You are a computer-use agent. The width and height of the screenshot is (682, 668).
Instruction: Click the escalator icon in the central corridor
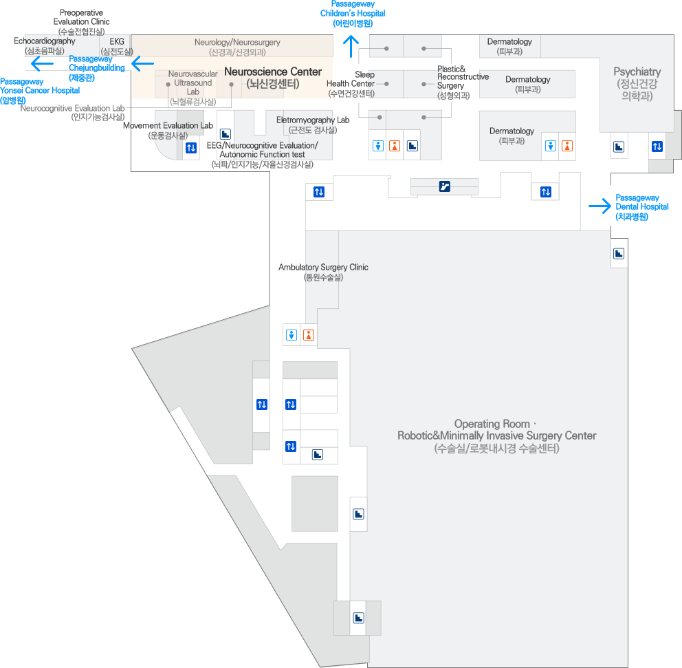445,186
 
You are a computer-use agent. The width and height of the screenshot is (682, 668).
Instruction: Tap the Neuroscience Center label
273,72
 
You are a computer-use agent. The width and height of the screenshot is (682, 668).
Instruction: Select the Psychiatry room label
637,72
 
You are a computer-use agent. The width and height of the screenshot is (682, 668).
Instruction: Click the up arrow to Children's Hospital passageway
351,47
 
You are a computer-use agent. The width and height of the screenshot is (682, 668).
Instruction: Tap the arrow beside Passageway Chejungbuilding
142,64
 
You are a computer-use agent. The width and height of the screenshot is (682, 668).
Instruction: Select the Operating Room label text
496,430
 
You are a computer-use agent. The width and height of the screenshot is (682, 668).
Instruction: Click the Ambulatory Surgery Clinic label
323,268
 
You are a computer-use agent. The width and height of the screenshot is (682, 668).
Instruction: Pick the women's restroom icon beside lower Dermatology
566,146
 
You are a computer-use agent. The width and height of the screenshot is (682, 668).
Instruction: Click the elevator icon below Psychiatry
657,147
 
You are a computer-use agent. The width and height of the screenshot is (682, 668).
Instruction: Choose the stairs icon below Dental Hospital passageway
619,253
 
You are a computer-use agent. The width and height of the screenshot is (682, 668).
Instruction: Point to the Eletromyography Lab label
313,120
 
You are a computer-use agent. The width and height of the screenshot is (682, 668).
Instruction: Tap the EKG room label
116,42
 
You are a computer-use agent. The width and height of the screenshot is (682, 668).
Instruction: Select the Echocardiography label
45,42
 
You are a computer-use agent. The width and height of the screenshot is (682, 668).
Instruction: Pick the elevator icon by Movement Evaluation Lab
191,148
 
